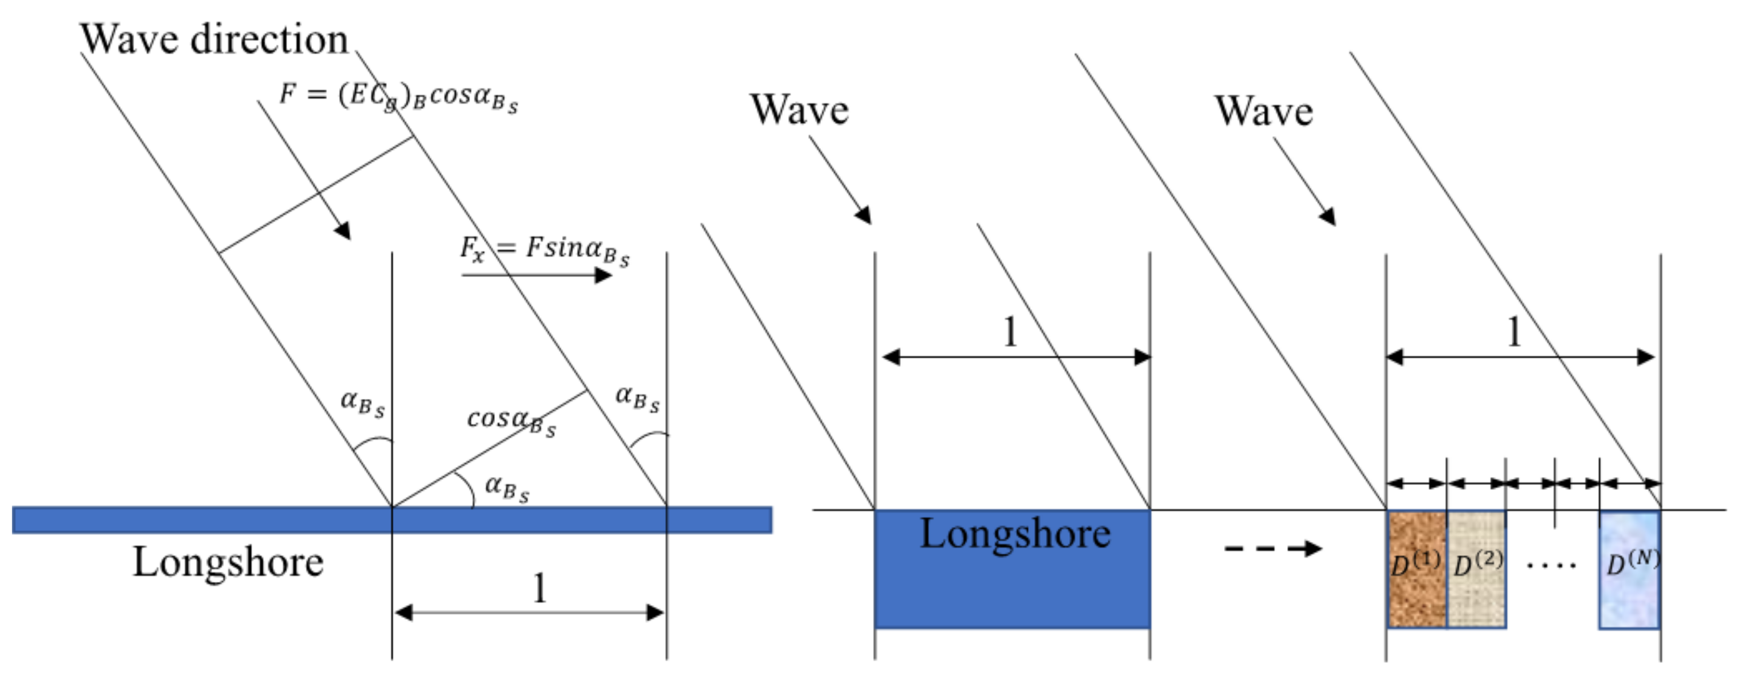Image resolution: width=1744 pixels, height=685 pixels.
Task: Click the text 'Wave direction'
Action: (x=214, y=39)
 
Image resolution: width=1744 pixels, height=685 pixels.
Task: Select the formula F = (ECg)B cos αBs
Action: (x=398, y=96)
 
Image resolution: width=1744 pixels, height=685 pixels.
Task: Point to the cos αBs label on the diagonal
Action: (x=511, y=421)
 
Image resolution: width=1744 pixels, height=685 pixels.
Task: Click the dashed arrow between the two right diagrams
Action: (x=1273, y=548)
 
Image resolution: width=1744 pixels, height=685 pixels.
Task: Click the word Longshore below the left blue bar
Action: (x=228, y=562)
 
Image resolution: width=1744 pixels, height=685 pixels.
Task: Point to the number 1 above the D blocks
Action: (x=1514, y=332)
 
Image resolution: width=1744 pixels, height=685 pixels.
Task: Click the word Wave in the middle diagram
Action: (x=799, y=110)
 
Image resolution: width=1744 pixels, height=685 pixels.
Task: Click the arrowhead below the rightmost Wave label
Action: (x=1328, y=216)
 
